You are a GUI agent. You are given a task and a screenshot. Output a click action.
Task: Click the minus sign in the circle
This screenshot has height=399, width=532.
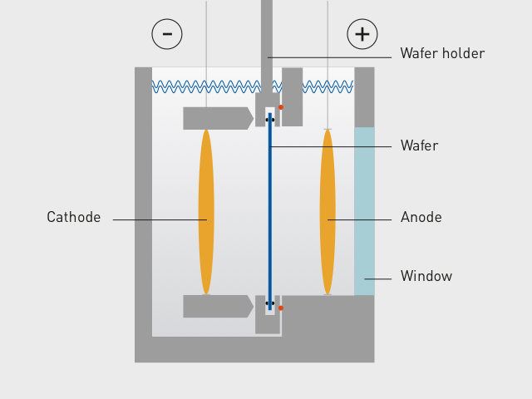[167, 34]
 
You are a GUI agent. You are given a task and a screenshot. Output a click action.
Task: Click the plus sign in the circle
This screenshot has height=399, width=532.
[362, 34]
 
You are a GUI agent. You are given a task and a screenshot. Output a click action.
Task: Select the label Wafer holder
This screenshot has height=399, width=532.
[441, 54]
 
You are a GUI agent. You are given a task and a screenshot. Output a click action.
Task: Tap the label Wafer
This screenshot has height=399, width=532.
[419, 146]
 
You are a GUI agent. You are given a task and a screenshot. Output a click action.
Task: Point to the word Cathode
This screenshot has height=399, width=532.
[73, 218]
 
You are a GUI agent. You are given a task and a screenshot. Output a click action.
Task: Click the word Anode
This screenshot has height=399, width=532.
[421, 218]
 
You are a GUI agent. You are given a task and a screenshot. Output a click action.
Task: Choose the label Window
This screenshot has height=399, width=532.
[426, 277]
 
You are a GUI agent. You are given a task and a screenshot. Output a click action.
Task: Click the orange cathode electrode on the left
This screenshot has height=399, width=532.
[206, 211]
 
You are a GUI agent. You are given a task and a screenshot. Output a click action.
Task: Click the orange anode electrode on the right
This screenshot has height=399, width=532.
[328, 211]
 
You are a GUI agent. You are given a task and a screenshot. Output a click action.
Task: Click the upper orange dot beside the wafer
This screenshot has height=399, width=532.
[281, 107]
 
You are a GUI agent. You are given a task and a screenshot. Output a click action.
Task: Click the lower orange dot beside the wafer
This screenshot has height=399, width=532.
[281, 308]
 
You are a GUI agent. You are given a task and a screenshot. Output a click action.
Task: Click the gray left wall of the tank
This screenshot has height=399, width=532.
[143, 208]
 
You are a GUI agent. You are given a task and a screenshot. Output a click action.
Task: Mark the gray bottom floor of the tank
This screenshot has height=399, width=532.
[249, 350]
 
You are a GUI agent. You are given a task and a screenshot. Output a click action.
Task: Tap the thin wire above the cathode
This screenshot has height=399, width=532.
[206, 50]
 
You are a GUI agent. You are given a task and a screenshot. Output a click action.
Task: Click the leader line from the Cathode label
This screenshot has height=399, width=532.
[158, 219]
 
